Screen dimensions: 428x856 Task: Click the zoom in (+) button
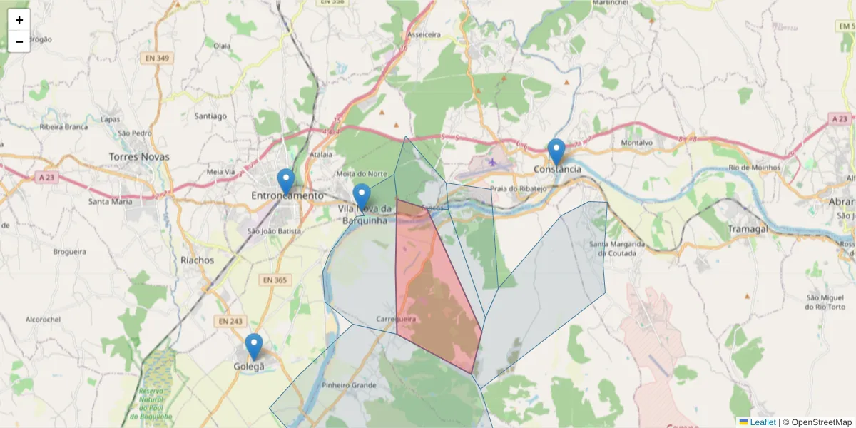coord(19,20)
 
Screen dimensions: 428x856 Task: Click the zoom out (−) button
coord(19,41)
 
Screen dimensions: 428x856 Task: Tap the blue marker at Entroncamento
coord(286,182)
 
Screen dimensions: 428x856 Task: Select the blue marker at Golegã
coord(253,347)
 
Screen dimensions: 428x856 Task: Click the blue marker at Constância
coord(556,152)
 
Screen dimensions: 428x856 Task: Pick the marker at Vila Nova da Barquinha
coord(362,197)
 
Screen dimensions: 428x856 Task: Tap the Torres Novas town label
coord(139,156)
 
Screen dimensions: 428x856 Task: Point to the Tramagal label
coord(748,228)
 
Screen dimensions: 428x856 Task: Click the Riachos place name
coord(197,260)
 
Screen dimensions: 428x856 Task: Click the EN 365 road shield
coord(274,280)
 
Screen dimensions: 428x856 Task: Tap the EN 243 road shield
coord(230,322)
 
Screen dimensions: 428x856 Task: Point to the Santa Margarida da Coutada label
coord(617,248)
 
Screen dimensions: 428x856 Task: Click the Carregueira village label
coord(396,319)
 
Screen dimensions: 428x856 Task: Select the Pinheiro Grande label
coord(349,385)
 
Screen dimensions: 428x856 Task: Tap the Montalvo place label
coord(637,143)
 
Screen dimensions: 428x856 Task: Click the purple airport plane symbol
coord(492,162)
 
